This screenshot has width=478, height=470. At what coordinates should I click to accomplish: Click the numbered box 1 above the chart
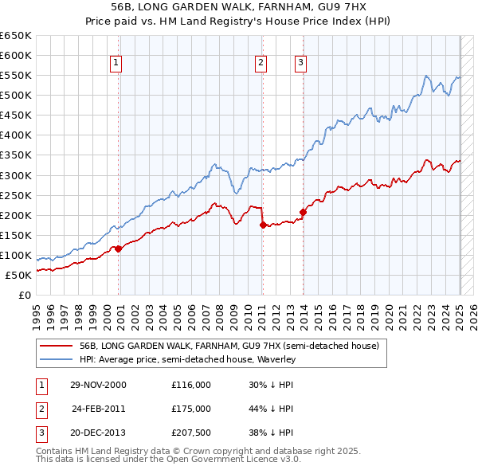pyautogui.click(x=116, y=64)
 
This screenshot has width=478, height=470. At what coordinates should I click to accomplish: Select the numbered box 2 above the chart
pyautogui.click(x=261, y=64)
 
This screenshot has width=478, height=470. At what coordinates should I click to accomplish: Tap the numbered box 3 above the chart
pyautogui.click(x=300, y=64)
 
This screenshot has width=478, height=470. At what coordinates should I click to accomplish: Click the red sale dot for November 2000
pyautogui.click(x=119, y=249)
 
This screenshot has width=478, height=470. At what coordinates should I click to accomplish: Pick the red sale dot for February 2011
pyautogui.click(x=263, y=225)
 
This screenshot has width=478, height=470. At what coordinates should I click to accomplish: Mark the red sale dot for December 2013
pyautogui.click(x=303, y=212)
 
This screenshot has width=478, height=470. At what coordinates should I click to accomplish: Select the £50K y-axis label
pyautogui.click(x=19, y=275)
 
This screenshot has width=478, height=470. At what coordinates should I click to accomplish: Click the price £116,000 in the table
pyautogui.click(x=190, y=385)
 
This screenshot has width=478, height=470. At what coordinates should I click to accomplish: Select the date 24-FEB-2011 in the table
pyautogui.click(x=99, y=409)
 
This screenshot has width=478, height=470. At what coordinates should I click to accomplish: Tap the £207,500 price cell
pyautogui.click(x=190, y=433)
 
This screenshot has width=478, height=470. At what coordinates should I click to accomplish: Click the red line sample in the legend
pyautogui.click(x=56, y=347)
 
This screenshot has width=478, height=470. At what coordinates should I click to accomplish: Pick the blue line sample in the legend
pyautogui.click(x=56, y=359)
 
